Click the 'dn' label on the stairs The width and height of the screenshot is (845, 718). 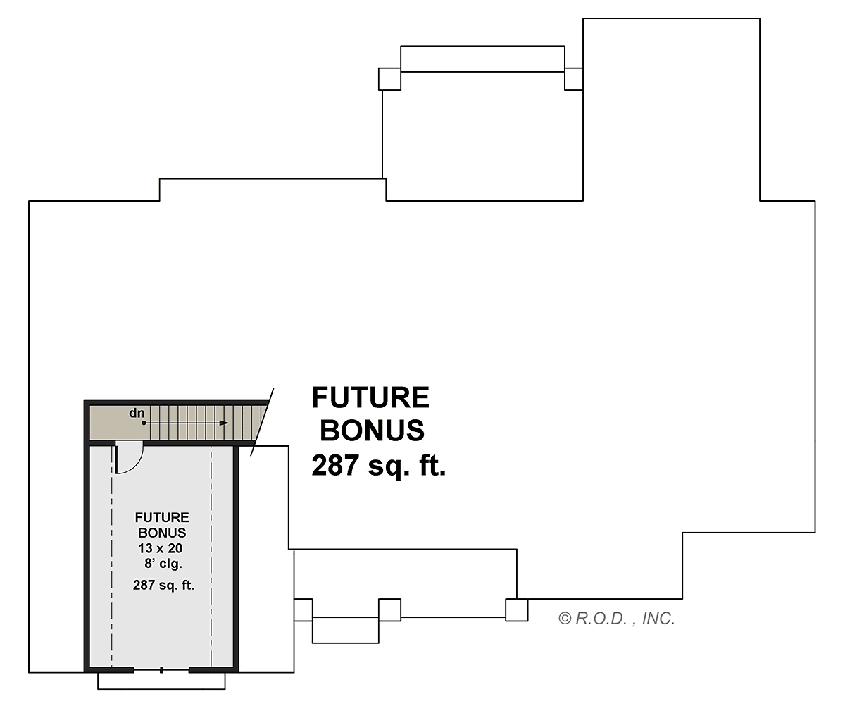tap(137, 413)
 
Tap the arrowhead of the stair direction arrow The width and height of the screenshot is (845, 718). tap(224, 423)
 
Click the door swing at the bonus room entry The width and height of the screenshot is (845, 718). tap(129, 458)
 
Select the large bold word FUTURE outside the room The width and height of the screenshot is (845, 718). tap(370, 397)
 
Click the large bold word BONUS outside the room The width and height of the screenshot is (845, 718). tap(372, 431)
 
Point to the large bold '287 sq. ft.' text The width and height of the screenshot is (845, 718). tap(379, 465)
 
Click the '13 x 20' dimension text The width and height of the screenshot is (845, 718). tap(161, 548)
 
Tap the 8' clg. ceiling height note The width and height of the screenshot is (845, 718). tap(163, 564)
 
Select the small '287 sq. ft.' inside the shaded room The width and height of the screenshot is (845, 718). tap(163, 586)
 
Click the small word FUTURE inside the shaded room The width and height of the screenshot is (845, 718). tap(162, 517)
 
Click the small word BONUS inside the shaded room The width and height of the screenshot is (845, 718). tap(162, 533)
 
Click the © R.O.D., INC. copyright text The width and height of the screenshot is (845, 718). tap(616, 619)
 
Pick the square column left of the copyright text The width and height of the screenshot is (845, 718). tap(517, 610)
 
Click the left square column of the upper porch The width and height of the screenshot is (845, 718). tap(389, 79)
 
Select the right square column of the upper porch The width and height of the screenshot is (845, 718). tap(574, 79)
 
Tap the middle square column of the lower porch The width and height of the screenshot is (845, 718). tap(389, 610)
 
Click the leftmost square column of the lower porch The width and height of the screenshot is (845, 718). tap(303, 610)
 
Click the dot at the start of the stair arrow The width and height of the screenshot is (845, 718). tap(144, 423)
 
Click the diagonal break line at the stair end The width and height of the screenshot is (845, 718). tap(262, 422)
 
